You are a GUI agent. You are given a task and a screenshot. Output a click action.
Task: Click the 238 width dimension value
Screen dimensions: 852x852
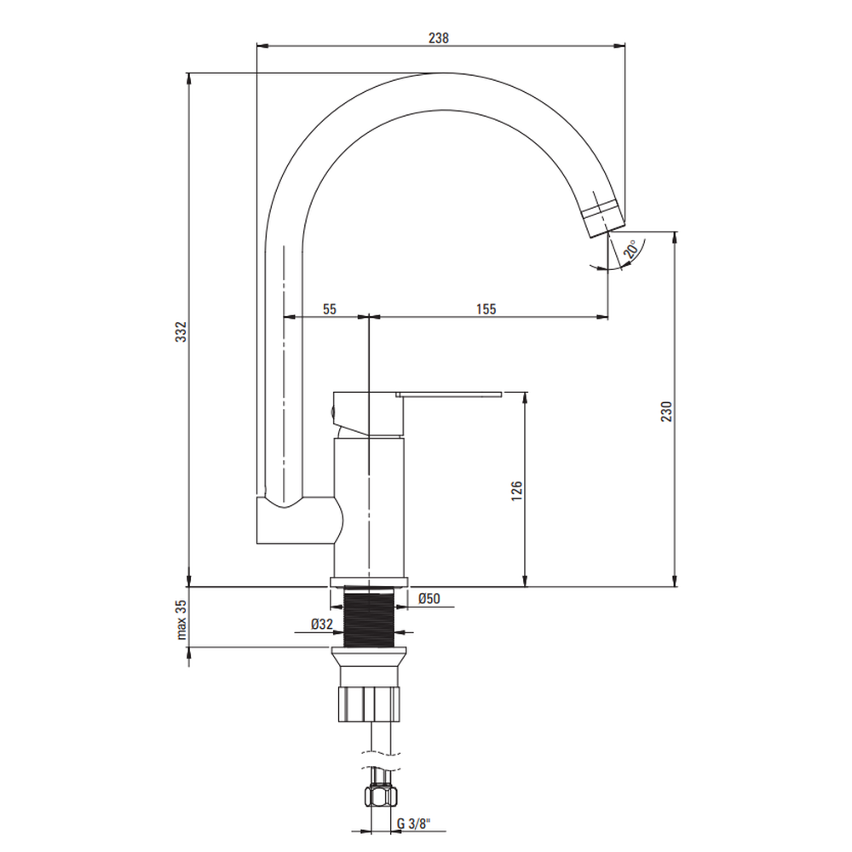tap(439, 37)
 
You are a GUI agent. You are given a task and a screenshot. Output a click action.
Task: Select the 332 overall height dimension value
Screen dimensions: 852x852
tap(181, 331)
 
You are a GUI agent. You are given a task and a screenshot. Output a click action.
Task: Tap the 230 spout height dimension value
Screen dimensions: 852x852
tap(666, 412)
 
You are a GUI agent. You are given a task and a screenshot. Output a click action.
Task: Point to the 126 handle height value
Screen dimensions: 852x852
tap(517, 491)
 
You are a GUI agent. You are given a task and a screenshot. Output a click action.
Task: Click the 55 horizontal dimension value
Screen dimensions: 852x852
tap(329, 308)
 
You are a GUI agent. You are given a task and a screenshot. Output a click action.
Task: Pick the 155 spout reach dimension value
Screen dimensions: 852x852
tap(486, 308)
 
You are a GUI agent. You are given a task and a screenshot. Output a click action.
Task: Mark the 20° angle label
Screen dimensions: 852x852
tap(630, 250)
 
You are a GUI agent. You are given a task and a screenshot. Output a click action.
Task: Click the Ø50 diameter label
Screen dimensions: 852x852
tap(429, 598)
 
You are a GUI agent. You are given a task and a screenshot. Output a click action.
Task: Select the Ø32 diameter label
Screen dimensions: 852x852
tap(322, 624)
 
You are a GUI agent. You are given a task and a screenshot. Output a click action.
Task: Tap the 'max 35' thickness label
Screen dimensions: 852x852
tap(181, 619)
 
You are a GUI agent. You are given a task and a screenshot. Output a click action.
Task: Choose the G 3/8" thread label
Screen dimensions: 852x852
tap(413, 823)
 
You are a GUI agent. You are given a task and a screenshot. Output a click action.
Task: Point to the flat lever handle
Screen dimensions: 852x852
tap(449, 394)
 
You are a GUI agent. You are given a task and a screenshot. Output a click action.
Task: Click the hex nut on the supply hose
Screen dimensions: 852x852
tap(380, 797)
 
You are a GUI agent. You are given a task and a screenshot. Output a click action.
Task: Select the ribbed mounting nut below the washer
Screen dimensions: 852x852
tap(369, 705)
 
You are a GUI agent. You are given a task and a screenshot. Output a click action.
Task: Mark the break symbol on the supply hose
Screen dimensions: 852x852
tap(380, 760)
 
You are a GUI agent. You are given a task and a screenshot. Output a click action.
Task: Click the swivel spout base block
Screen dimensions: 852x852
tap(300, 520)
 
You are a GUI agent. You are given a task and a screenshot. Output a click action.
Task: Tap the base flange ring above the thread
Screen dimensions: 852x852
tap(369, 583)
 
